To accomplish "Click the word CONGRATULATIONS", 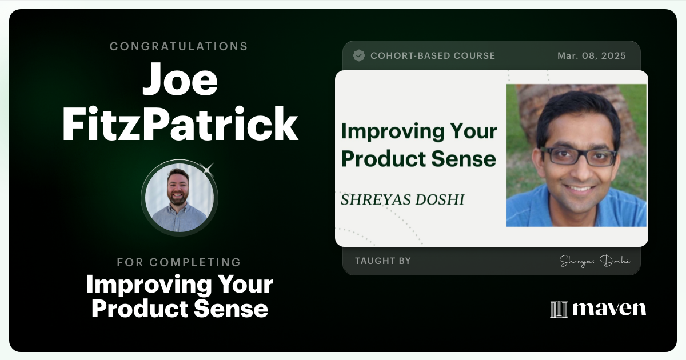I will pos(178,46).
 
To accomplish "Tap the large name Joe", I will pos(180,81).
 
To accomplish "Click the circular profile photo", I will pos(180,198).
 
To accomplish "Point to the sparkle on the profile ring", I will pos(208,169).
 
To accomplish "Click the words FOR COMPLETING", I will pos(178,262).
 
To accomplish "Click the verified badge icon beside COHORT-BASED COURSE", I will pos(359,55).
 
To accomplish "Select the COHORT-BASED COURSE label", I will pos(432,55).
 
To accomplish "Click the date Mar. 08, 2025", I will pos(591,55).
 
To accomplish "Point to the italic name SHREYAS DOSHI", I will pos(402,199).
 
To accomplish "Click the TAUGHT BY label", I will pos(382,261).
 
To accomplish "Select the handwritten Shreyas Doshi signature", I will pos(594,261).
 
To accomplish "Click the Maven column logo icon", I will pos(559,309).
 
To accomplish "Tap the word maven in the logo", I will pos(609,309).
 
